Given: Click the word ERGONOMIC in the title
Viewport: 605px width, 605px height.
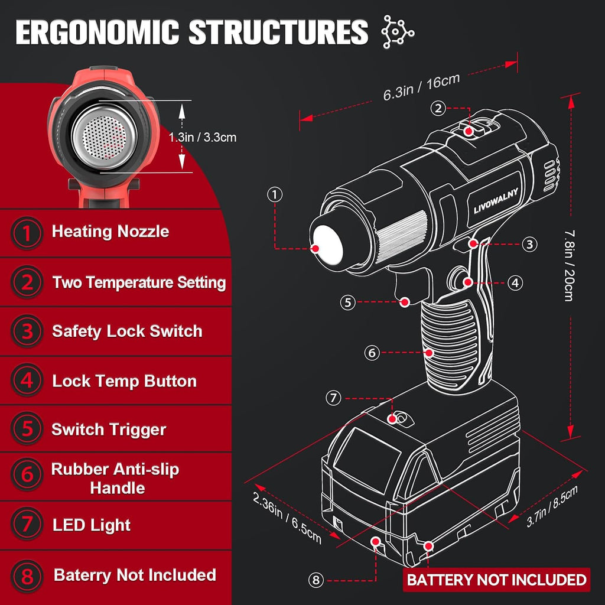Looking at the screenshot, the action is tap(97, 32).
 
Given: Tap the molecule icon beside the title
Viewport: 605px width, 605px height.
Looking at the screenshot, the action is tap(398, 32).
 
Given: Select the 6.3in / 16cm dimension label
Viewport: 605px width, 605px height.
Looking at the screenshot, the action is tap(422, 86).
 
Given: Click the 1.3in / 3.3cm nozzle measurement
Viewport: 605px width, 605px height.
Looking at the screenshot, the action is tap(203, 137).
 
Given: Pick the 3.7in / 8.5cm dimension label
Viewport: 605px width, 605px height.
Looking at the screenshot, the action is tap(552, 506).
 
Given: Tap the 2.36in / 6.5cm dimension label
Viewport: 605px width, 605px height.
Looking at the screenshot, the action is tap(287, 518).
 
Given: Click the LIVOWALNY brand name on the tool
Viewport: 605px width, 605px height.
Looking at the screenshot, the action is tap(496, 201).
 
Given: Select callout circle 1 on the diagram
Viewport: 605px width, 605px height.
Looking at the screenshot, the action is tap(275, 194).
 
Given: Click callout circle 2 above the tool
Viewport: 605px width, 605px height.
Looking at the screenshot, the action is tap(438, 109).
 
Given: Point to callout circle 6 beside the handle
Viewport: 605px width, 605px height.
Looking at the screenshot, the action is tap(372, 352).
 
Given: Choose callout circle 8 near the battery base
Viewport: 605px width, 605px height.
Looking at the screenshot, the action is tap(316, 580).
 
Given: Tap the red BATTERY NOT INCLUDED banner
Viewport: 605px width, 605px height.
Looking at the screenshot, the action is tap(496, 580).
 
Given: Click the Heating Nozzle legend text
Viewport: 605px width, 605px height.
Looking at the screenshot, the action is tap(110, 232).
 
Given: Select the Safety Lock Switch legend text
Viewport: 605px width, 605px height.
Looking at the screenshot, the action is tap(128, 331).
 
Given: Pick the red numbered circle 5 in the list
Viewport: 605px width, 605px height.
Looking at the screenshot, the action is tap(27, 429).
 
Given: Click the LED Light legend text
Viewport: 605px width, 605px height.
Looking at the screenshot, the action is tap(92, 525).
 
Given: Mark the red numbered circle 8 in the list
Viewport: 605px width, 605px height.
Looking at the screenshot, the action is tap(27, 577).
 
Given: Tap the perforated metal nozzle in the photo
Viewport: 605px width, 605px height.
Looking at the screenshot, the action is tap(104, 136).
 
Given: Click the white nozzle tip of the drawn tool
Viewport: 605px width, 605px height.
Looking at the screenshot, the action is tap(327, 245).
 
